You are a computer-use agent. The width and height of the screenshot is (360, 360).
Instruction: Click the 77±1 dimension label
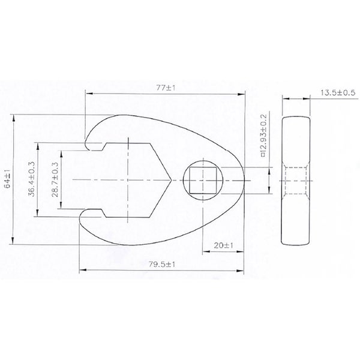coord(166,88)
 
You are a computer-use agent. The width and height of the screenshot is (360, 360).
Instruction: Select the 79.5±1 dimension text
coord(161,265)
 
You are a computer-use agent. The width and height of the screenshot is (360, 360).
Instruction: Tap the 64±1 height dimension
coord(8,179)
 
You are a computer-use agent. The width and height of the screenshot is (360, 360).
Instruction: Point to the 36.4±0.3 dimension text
coord(31,179)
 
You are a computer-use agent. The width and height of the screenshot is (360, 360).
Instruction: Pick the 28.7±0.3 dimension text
coord(55,180)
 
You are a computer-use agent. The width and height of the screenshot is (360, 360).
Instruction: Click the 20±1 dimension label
coord(223,245)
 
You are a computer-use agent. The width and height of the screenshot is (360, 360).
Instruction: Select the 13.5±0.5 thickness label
coord(338,93)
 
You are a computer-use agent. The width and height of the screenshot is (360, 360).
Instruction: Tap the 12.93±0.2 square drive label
coord(264,136)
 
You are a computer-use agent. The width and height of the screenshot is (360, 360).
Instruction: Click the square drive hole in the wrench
coord(203,180)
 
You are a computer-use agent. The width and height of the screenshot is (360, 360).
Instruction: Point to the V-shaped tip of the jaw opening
coord(171,180)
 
